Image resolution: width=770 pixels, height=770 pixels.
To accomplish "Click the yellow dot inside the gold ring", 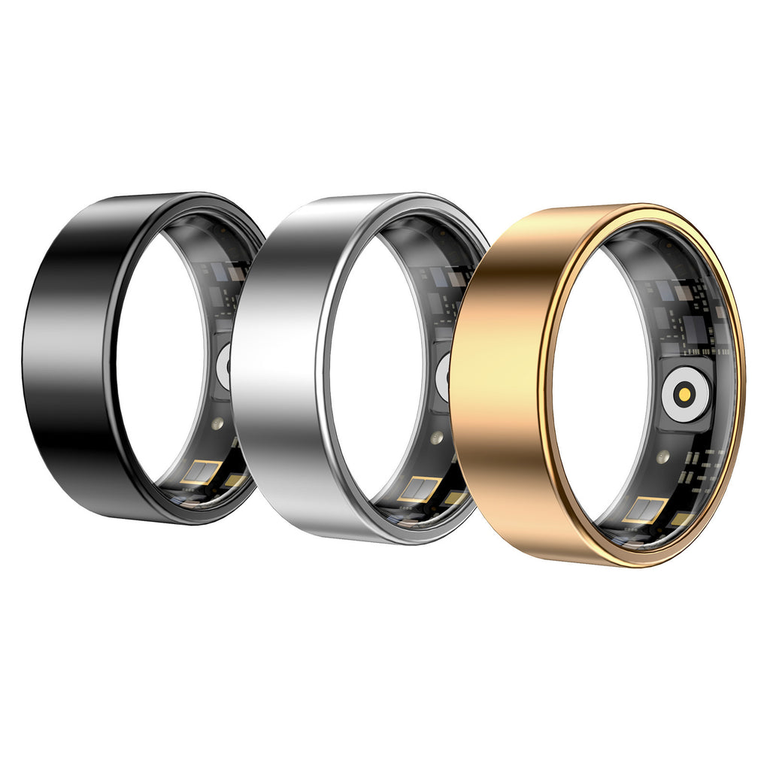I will point(685,393).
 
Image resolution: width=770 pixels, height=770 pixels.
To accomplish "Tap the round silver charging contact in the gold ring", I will point(685,393).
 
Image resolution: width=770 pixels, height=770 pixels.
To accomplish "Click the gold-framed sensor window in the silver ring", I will point(418,490).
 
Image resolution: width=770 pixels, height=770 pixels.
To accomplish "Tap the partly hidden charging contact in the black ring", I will point(224,367).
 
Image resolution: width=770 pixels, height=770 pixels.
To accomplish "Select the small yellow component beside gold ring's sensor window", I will point(680,519).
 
